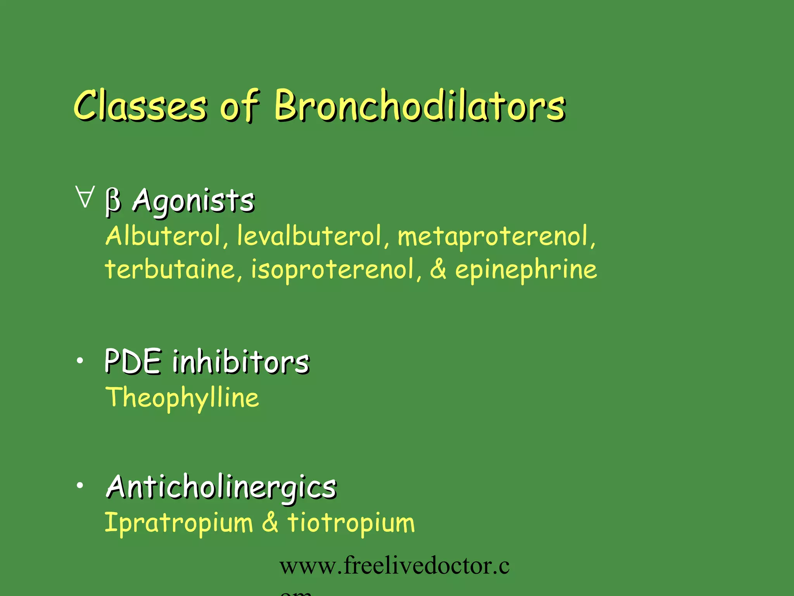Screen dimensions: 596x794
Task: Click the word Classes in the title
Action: [140, 106]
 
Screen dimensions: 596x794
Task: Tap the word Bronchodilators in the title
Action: [420, 106]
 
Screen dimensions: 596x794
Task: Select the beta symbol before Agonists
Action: [113, 201]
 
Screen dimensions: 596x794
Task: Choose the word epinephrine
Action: [526, 270]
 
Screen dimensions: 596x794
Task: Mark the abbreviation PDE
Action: [133, 361]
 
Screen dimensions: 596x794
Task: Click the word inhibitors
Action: [241, 361]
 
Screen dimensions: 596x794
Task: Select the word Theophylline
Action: [182, 398]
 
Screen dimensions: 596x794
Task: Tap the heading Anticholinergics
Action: [221, 487]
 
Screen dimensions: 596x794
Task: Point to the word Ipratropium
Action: [179, 523]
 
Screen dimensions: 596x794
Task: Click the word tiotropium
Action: [351, 523]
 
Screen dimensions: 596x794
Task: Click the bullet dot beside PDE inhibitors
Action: [80, 361]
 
